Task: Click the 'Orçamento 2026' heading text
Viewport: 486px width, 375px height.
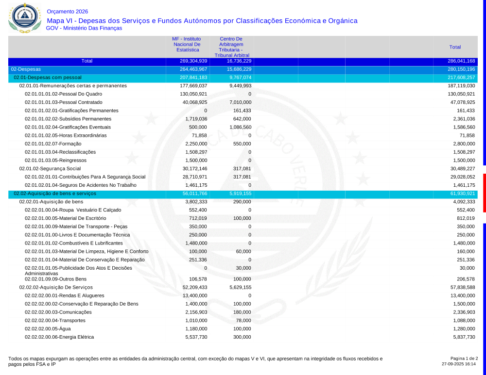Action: pyautogui.click(x=68, y=12)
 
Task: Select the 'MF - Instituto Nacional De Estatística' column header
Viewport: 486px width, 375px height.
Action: pyautogui.click(x=187, y=44)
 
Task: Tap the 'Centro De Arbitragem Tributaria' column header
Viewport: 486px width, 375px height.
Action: pyautogui.click(x=231, y=47)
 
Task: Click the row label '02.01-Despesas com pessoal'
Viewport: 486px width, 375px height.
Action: pyautogui.click(x=48, y=78)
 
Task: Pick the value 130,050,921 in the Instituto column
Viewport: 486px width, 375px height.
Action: pyautogui.click(x=193, y=94)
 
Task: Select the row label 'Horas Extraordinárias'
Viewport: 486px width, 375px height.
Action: pyautogui.click(x=66, y=135)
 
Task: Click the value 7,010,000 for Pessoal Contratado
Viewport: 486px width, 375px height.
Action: pyautogui.click(x=240, y=102)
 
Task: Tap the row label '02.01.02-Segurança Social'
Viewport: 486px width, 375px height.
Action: pyautogui.click(x=50, y=168)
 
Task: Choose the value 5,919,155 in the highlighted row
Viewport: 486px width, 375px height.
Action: pyautogui.click(x=240, y=193)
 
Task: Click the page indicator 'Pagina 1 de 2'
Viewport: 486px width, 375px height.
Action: pyautogui.click(x=464, y=358)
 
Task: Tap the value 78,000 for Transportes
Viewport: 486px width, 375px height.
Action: pyautogui.click(x=243, y=320)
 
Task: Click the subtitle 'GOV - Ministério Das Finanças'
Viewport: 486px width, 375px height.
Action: pyautogui.click(x=84, y=28)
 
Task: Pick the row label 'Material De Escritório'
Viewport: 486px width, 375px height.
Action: pyautogui.click(x=66, y=218)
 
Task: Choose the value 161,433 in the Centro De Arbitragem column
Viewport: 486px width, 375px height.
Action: pyautogui.click(x=241, y=111)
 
